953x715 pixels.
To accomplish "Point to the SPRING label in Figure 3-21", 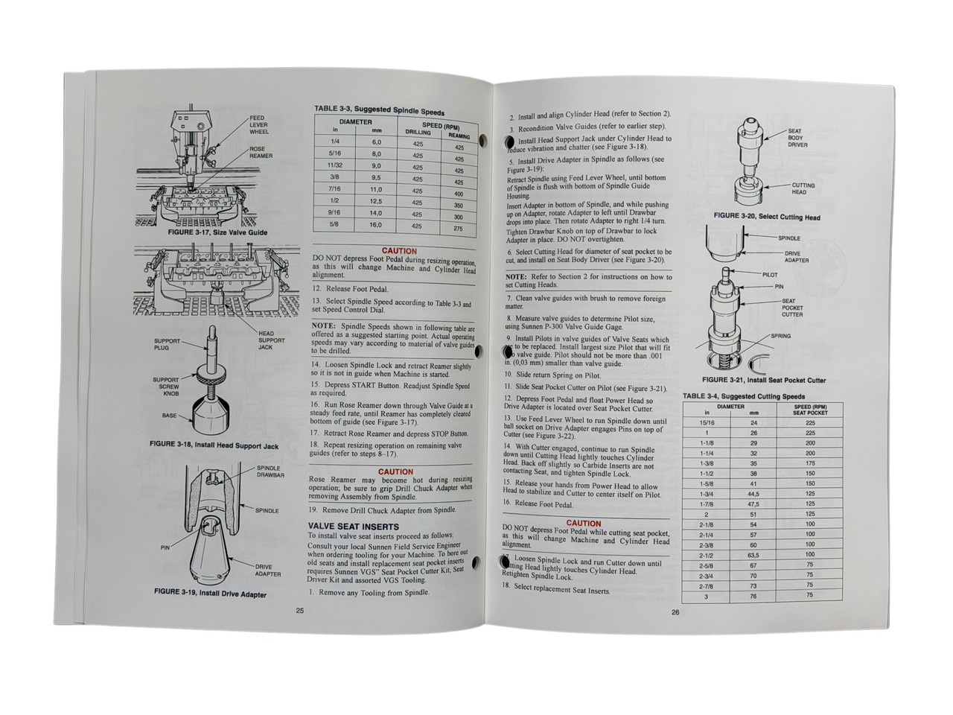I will pyautogui.click(x=781, y=336).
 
